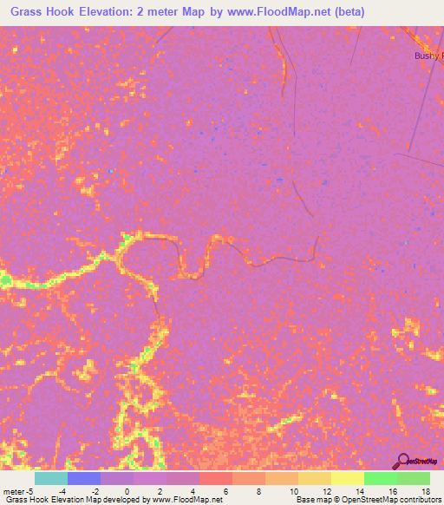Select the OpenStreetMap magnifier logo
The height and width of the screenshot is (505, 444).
403,462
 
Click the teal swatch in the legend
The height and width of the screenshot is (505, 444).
51,478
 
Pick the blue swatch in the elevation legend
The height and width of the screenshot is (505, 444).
84,478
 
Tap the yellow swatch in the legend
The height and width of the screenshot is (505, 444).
348,478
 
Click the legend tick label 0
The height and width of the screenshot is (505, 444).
127,490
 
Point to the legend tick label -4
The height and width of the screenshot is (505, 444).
61,490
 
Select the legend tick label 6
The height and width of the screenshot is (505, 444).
225,490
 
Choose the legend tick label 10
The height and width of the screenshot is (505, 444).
291,490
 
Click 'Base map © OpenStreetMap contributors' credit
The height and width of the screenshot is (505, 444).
368,500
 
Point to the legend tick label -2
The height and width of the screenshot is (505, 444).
94,490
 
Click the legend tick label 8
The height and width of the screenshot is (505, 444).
258,490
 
